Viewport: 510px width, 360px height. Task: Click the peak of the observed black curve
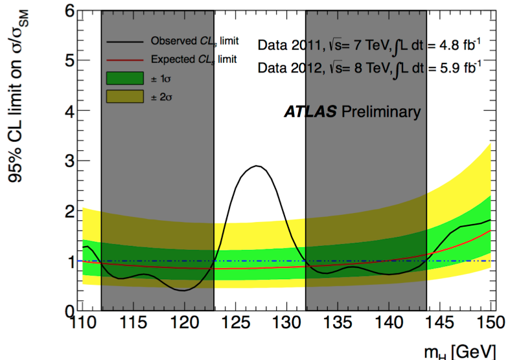257,166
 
